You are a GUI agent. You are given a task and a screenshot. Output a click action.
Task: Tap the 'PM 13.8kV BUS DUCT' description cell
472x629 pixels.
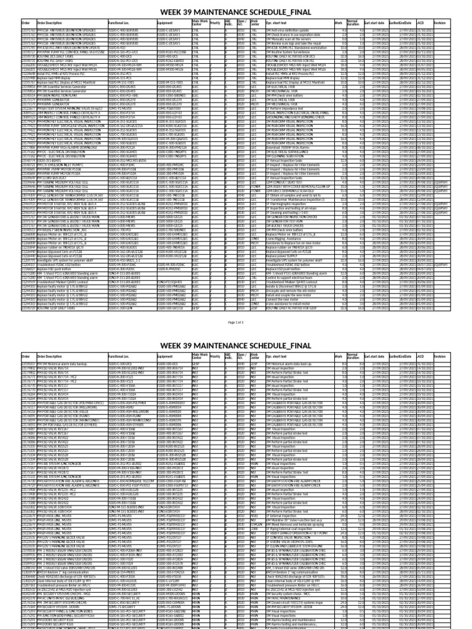tap(56, 178)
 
